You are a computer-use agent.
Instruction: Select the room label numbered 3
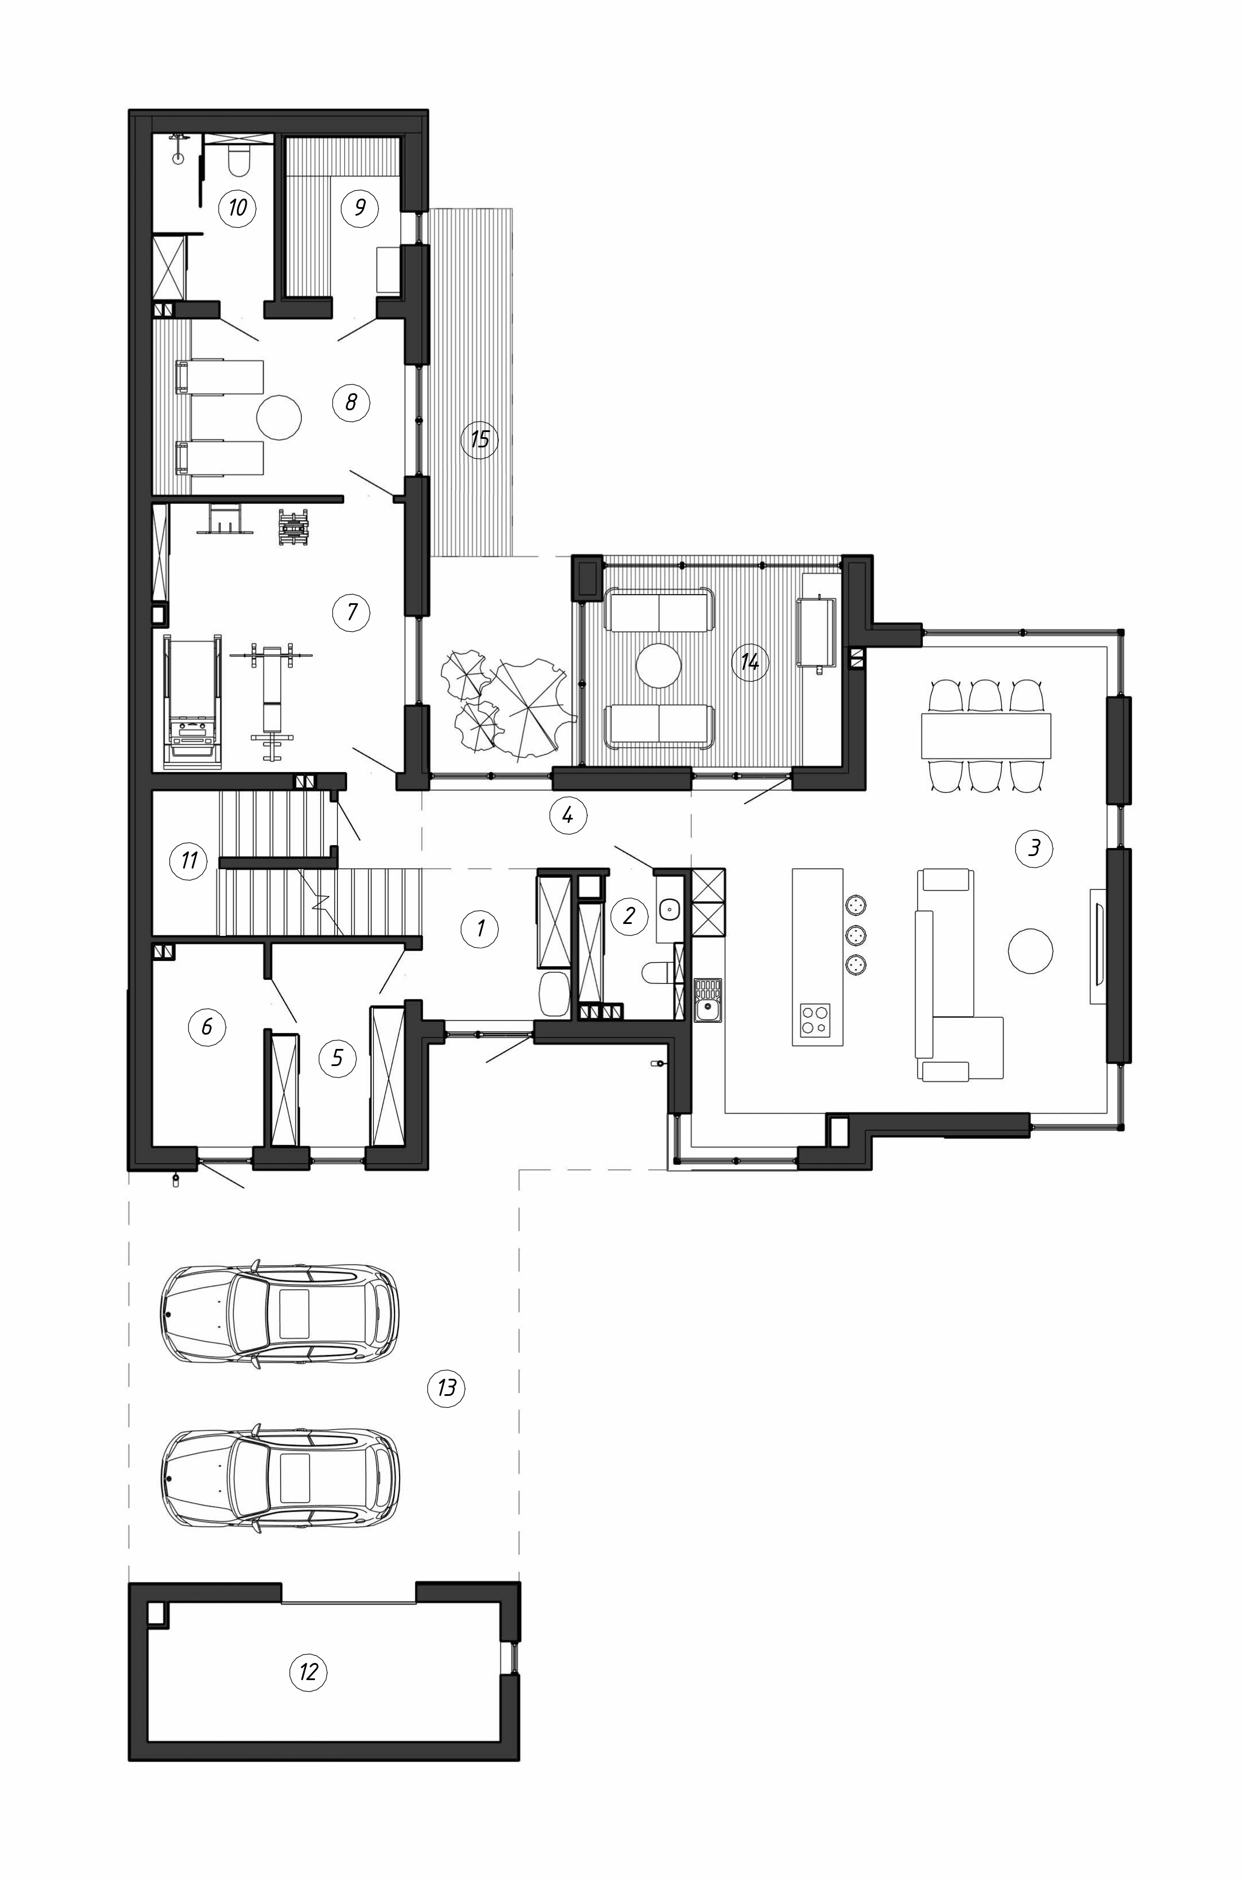click(x=1034, y=848)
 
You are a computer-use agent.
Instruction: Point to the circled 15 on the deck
click(x=480, y=439)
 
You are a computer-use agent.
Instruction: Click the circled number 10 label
click(x=237, y=208)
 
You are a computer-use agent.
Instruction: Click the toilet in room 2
click(x=656, y=972)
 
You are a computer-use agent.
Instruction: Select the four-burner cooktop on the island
click(x=816, y=1019)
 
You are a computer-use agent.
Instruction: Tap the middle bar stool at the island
click(x=856, y=935)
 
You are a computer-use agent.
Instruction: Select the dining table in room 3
click(x=986, y=736)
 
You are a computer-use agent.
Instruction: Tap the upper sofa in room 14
click(x=659, y=610)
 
